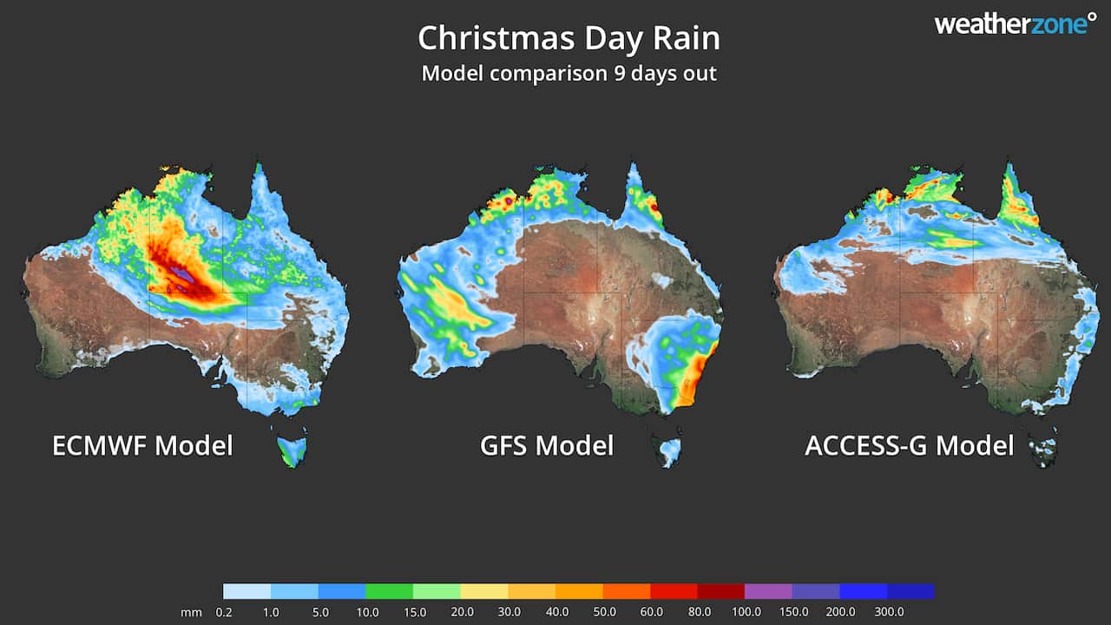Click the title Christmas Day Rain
(x=569, y=39)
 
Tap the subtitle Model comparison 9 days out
(x=569, y=73)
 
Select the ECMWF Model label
(x=142, y=446)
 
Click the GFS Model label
(x=547, y=446)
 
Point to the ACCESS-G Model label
(x=909, y=446)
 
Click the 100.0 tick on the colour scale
(x=745, y=612)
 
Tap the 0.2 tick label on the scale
(x=223, y=612)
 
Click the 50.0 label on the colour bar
(x=602, y=612)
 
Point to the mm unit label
(x=191, y=612)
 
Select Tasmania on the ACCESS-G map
(x=1044, y=449)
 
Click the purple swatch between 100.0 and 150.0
(x=768, y=591)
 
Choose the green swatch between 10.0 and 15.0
(x=389, y=591)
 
